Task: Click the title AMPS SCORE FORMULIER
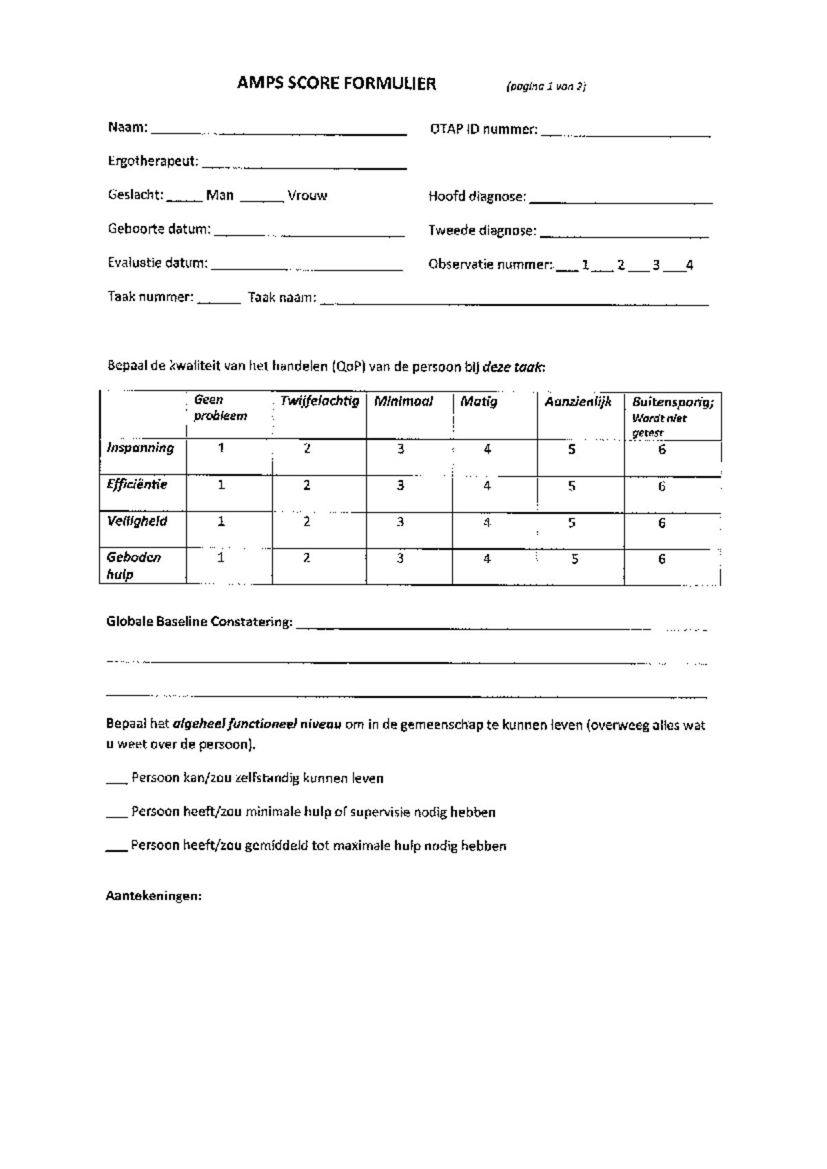336,84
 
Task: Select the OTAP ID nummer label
483,130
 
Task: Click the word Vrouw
307,196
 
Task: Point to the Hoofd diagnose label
477,197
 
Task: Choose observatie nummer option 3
656,265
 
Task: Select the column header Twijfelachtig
319,402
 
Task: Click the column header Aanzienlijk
578,402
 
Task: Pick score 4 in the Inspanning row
487,449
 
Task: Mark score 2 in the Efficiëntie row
307,486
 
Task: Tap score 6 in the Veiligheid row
662,523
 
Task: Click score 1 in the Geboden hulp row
221,558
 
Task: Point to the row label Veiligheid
137,521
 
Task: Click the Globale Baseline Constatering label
199,622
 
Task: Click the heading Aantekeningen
154,897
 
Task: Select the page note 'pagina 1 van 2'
546,87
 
